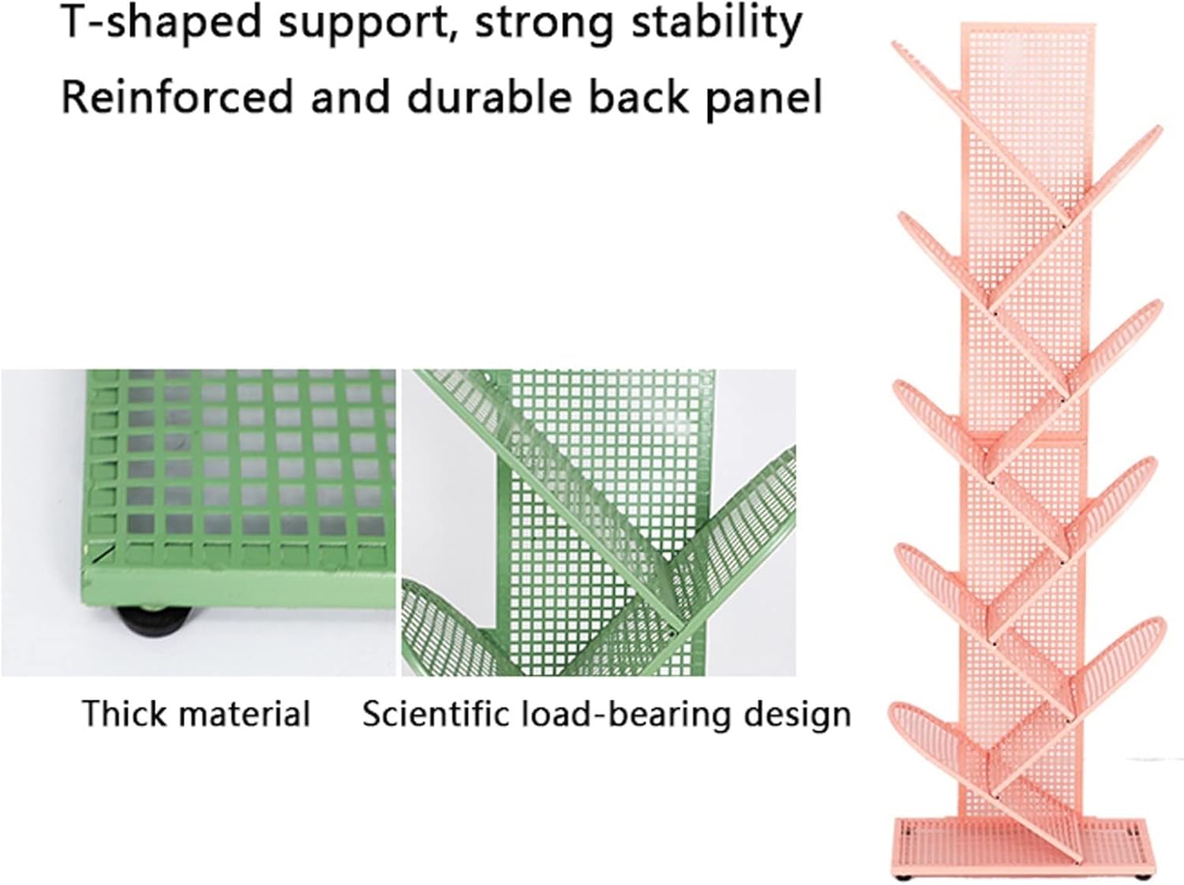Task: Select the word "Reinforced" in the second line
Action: [178, 97]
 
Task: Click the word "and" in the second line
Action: [350, 97]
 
